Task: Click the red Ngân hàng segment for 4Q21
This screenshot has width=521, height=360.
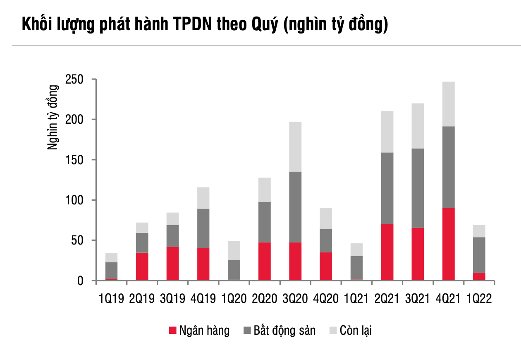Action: [x=448, y=244]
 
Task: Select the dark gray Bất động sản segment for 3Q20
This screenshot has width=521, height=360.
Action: [x=295, y=207]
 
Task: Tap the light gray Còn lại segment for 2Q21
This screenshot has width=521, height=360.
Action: [x=387, y=132]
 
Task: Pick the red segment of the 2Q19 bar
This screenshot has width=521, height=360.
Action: [x=142, y=266]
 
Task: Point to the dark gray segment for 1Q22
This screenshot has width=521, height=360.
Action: [x=479, y=254]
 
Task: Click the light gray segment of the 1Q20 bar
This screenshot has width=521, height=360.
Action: [x=234, y=250]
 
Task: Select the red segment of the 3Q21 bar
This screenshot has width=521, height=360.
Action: [x=418, y=254]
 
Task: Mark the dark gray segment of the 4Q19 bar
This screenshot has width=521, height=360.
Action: [x=203, y=228]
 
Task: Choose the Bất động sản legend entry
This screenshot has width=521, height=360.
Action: [x=279, y=331]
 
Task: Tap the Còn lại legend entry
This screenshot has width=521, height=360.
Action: [x=351, y=331]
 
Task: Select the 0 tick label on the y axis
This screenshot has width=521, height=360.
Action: [x=80, y=281]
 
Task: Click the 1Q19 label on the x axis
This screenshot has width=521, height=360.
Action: [x=112, y=299]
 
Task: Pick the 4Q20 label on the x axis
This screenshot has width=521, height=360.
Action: [x=326, y=299]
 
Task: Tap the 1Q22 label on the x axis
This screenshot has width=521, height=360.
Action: [x=479, y=299]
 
